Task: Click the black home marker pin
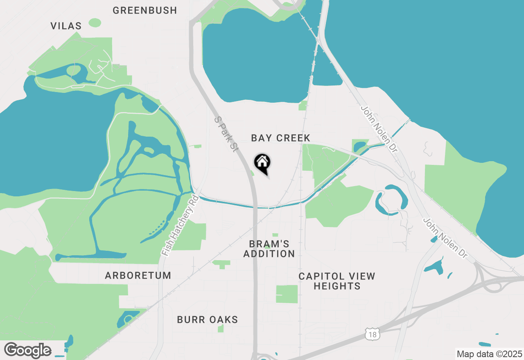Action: [262, 163]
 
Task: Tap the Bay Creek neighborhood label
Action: [281, 138]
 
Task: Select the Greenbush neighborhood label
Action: [145, 10]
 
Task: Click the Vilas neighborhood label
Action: [66, 26]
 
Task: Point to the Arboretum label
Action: [138, 275]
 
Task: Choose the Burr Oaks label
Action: [208, 319]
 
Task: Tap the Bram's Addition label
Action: [269, 249]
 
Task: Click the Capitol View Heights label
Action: [337, 281]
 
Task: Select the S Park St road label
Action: [226, 134]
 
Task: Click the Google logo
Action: [27, 350]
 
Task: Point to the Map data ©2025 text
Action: [489, 354]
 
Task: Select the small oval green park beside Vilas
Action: [95, 22]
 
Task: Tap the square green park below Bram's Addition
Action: [287, 294]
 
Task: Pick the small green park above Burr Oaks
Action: [221, 264]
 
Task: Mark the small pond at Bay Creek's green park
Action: [359, 146]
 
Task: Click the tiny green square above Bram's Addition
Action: [275, 235]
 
